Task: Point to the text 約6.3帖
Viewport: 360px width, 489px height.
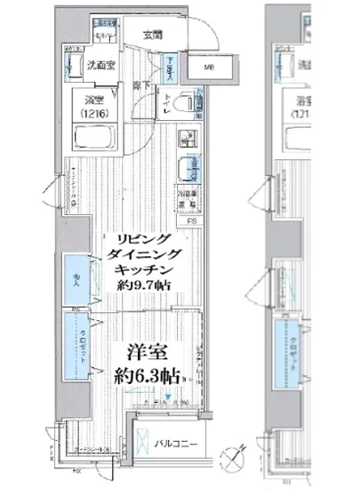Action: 147,373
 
